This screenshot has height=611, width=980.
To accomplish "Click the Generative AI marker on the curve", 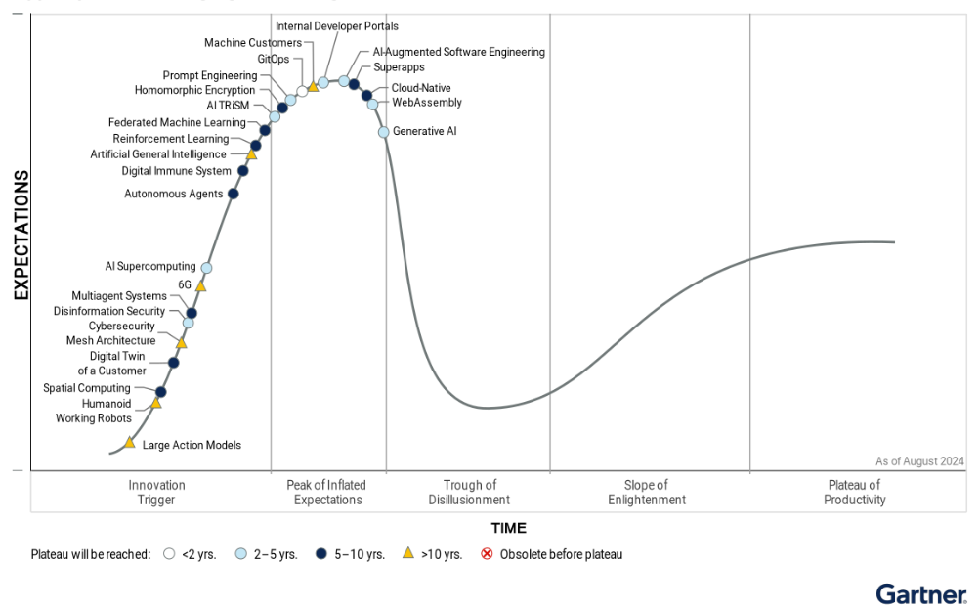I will [384, 132].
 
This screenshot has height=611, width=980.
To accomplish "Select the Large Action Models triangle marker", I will [130, 443].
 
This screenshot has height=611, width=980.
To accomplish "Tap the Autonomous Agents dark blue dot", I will [233, 194].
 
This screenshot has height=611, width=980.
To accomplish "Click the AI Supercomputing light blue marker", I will [206, 267].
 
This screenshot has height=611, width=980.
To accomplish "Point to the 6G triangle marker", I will [200, 286].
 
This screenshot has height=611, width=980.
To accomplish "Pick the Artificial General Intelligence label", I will [158, 154].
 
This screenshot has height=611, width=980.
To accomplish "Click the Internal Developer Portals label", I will [337, 26].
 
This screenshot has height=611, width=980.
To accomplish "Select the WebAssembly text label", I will [426, 103].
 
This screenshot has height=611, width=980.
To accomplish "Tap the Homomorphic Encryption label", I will [194, 91].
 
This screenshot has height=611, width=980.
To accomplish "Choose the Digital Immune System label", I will [177, 171].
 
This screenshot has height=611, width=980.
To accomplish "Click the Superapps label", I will [398, 68].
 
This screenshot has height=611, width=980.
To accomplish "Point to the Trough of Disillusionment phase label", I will [469, 493].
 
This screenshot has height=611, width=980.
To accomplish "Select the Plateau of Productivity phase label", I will [854, 493].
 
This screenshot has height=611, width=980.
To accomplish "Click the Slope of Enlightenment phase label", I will [646, 493].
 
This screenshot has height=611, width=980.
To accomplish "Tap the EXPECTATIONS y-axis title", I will [21, 235].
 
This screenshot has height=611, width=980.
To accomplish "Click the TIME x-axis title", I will [508, 529].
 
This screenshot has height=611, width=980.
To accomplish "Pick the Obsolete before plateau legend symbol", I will [487, 554].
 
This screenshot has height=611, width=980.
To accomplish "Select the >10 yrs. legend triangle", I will [408, 554].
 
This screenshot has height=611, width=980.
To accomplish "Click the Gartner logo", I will [921, 593].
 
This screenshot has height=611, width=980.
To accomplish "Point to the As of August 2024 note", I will [919, 461].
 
